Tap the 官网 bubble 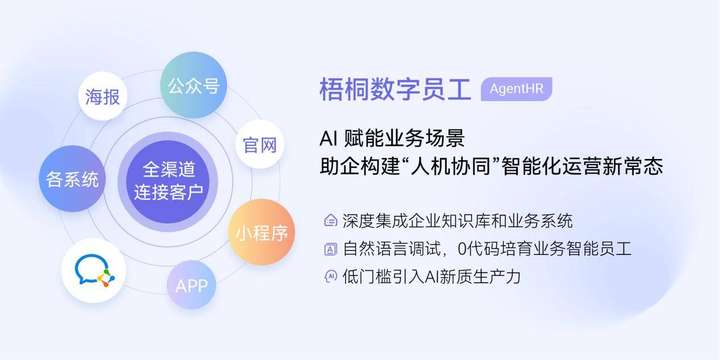tap(259, 145)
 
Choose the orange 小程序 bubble tap(261, 233)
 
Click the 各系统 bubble tap(72, 180)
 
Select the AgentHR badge tap(516, 88)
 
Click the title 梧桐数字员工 tap(394, 88)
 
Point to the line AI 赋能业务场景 tap(391, 137)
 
